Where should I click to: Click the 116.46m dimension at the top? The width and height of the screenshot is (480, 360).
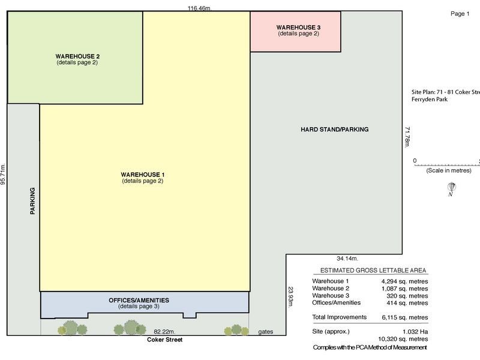(200, 8)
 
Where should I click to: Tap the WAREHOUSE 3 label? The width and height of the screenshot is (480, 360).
(298, 28)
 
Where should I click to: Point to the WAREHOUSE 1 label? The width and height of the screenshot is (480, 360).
(142, 175)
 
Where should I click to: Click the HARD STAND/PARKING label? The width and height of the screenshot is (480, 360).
(334, 130)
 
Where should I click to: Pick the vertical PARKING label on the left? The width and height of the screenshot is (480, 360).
(32, 201)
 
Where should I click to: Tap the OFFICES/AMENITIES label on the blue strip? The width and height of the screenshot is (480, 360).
(139, 300)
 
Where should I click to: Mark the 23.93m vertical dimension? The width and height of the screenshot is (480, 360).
(290, 297)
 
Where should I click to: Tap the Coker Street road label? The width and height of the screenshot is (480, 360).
(164, 340)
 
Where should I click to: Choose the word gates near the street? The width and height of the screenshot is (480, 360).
(266, 331)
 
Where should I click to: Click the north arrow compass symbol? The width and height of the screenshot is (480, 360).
(450, 189)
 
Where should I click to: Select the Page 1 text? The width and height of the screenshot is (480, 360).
(460, 14)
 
